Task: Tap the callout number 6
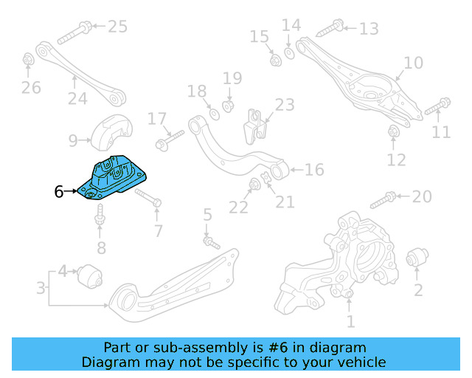point(59,192)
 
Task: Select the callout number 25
point(117,27)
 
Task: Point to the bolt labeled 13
point(329,30)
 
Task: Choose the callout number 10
point(414,63)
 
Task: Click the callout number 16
point(314,171)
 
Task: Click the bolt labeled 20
point(384,198)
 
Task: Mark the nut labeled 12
point(394,131)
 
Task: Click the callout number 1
point(350,321)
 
